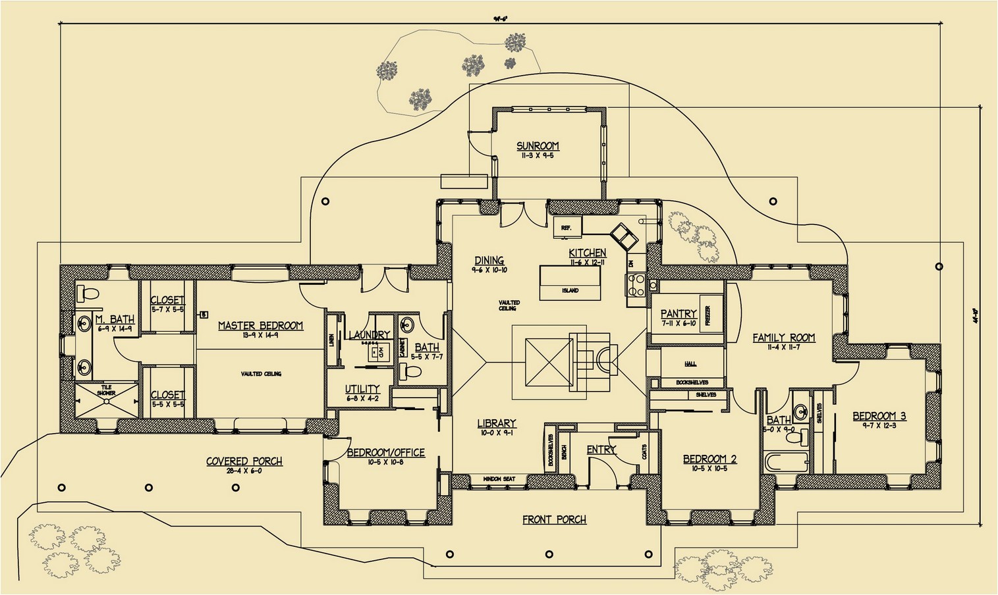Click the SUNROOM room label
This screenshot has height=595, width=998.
(538, 146)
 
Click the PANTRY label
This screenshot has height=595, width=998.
(679, 314)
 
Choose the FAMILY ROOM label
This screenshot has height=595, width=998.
(783, 338)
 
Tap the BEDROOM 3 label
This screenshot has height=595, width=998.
(879, 416)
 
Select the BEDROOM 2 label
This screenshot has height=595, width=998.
(709, 459)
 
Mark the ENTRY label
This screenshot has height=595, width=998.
(601, 450)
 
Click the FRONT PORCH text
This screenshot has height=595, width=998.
(554, 520)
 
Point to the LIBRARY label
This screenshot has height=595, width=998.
(497, 423)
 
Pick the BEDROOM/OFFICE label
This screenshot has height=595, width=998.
(385, 453)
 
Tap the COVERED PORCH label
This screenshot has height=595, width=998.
(244, 461)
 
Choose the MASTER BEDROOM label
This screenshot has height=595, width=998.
(260, 326)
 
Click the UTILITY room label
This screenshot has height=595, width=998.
(362, 389)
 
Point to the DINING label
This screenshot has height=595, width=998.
(489, 261)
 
